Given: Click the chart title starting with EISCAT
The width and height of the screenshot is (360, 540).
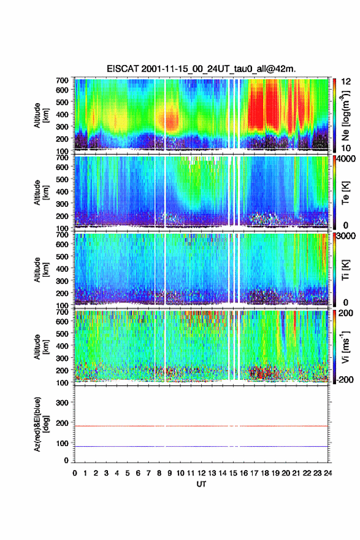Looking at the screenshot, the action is coord(201,69).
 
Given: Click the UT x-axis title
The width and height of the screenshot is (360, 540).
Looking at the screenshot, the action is coord(201,484).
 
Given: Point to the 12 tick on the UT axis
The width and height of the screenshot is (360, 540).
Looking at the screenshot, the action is coord(201,473).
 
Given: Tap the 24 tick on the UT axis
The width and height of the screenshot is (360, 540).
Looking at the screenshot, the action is coord(327,473).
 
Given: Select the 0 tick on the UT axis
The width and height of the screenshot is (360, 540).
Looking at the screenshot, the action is coord(75,473).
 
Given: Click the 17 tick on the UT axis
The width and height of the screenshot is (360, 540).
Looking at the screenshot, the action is coord(254,473).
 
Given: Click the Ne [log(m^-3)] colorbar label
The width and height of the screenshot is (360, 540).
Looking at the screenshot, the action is coord(345,116).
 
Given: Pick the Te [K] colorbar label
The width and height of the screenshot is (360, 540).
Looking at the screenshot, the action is coord(345,193).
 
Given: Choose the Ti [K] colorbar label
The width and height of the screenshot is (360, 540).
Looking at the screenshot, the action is coord(345,270).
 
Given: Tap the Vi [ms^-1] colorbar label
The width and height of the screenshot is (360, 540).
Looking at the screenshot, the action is coord(345,347).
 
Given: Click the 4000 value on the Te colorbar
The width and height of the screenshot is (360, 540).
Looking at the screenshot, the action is coord(345,159).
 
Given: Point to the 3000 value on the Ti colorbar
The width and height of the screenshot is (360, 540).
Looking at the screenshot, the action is coord(345,236).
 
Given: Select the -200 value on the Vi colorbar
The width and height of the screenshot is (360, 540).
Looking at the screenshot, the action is coord(344,379).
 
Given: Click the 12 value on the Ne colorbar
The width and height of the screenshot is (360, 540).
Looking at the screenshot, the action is coord(345,82).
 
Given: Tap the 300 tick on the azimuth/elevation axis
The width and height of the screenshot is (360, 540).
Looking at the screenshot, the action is coord(62,403).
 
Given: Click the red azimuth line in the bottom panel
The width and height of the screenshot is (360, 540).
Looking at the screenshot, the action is coord(201,426).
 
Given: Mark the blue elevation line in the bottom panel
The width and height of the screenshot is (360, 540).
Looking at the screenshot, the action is coord(201,446).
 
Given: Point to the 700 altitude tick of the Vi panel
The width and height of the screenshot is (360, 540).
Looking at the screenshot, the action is coord(62,312).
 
